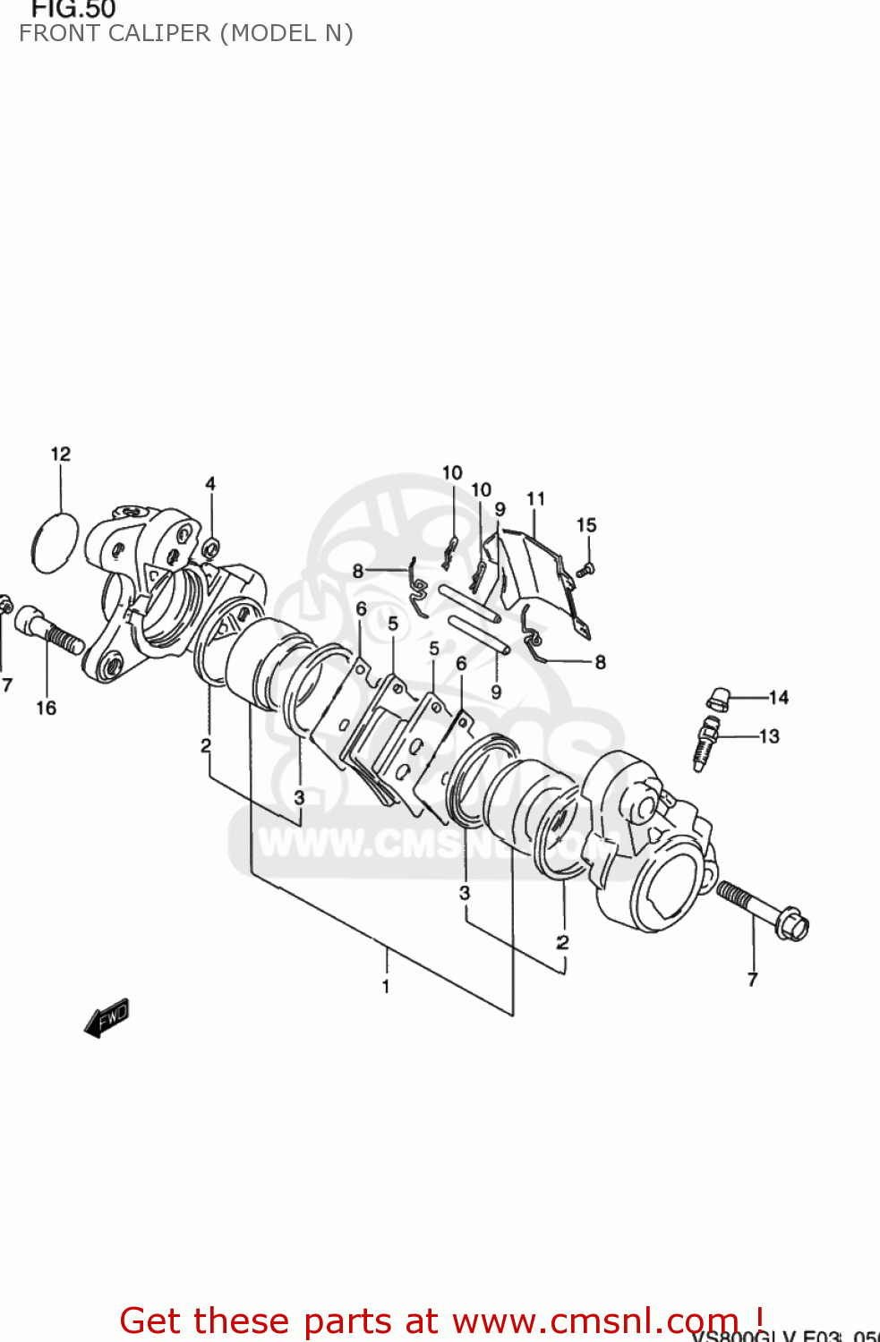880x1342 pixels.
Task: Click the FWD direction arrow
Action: click(x=107, y=1018)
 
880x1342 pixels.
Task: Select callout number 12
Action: click(x=60, y=454)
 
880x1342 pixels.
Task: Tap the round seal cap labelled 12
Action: click(x=55, y=542)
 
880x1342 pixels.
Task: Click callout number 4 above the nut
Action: click(x=210, y=484)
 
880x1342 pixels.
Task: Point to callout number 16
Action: click(x=46, y=709)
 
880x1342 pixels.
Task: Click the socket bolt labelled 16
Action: click(x=49, y=630)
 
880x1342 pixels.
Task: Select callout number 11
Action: click(x=535, y=499)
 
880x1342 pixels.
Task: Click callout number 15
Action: click(x=586, y=525)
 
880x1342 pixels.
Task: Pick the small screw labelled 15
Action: click(x=586, y=568)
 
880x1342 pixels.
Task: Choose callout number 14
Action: click(x=778, y=698)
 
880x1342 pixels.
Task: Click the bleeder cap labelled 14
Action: click(x=718, y=698)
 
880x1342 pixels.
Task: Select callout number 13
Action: click(x=769, y=736)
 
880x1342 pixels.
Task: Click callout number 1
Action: click(x=386, y=987)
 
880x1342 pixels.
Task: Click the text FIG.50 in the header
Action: click(x=73, y=10)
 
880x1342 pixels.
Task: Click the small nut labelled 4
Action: click(x=211, y=548)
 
